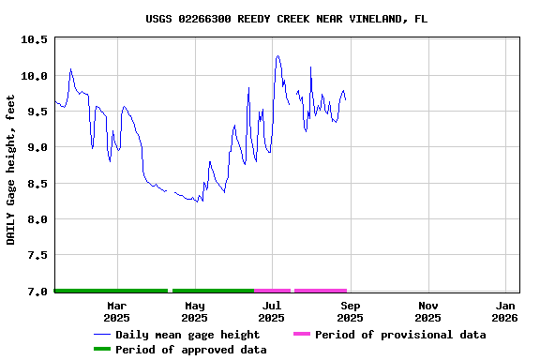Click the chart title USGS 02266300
click(286, 19)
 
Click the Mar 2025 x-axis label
click(116, 311)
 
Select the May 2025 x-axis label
click(194, 311)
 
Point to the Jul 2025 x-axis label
click(271, 311)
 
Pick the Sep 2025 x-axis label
click(350, 311)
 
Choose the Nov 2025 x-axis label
click(427, 311)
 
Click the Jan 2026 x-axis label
click(505, 311)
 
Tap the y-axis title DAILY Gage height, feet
click(11, 169)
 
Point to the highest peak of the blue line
click(277, 56)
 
